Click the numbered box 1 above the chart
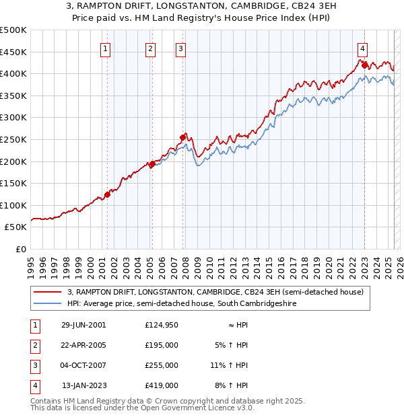pyautogui.click(x=106, y=48)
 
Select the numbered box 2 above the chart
pyautogui.click(x=150, y=48)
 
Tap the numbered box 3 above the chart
pyautogui.click(x=181, y=48)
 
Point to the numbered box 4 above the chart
pyautogui.click(x=362, y=48)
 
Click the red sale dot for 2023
pyautogui.click(x=364, y=65)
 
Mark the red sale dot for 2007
pyautogui.click(x=182, y=137)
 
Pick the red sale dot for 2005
pyautogui.click(x=152, y=163)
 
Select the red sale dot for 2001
pyautogui.click(x=107, y=194)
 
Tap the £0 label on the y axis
pyautogui.click(x=20, y=249)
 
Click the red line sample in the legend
pyautogui.click(x=47, y=292)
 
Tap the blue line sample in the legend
pyautogui.click(x=47, y=304)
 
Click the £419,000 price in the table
pyautogui.click(x=161, y=385)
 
